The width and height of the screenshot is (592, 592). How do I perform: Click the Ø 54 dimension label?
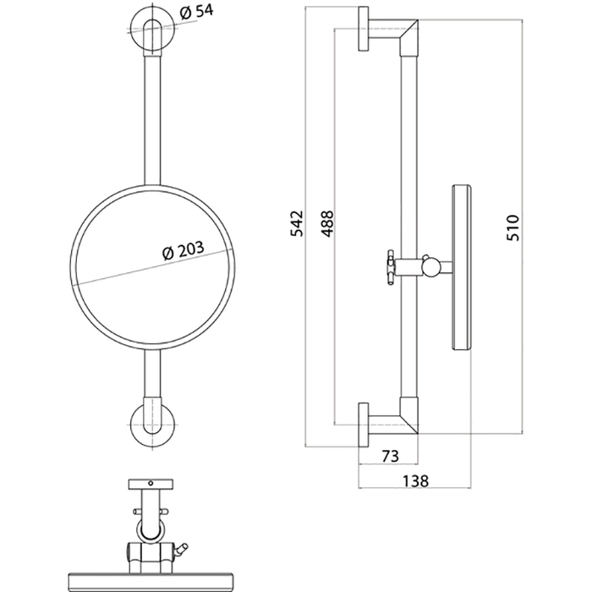coord(196,12)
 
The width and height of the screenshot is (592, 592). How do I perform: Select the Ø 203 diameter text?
coord(184,249)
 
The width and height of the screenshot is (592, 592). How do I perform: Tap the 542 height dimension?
coord(297,223)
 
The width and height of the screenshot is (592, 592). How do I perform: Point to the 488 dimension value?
coord(328,223)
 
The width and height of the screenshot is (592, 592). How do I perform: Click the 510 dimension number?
coord(513,227)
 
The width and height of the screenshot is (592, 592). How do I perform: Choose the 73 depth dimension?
coord(390,456)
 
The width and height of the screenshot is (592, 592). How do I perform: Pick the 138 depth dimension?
coord(415,481)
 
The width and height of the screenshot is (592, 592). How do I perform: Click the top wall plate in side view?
coord(363,29)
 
